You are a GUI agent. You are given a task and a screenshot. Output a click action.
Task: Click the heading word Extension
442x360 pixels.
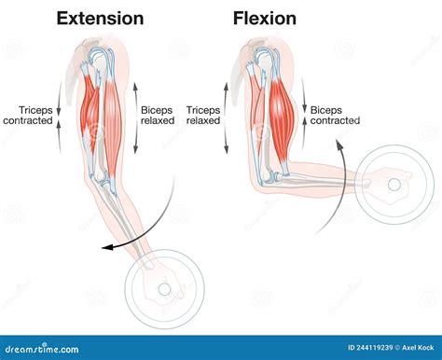pos(100,18)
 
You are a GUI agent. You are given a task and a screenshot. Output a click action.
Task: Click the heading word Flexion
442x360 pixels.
pos(265,18)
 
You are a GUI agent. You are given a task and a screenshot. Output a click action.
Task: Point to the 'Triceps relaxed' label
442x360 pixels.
pos(203,115)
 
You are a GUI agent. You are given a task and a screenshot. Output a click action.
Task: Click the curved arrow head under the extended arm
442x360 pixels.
pos(108,246)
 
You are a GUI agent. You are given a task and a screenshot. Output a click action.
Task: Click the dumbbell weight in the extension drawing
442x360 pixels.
pos(164,288)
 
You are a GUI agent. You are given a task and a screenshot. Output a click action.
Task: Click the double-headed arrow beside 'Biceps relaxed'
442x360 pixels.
pos(137,117)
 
